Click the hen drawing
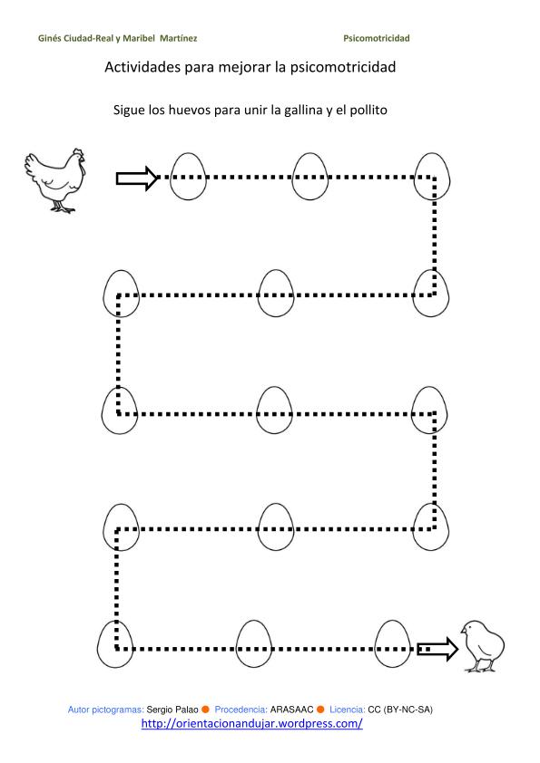(x=55, y=180)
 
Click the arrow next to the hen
(x=137, y=179)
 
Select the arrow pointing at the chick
(x=437, y=649)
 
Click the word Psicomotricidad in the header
(x=377, y=38)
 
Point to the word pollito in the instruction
(x=368, y=110)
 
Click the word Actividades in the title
(x=142, y=67)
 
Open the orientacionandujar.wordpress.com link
(x=252, y=723)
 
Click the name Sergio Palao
(x=172, y=710)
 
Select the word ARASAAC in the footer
(x=291, y=710)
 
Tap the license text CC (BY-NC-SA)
(x=400, y=710)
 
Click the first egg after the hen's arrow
(x=188, y=177)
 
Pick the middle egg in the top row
(x=310, y=177)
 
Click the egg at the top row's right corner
(x=432, y=177)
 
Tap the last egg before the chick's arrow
(x=392, y=643)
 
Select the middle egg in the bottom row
(x=253, y=643)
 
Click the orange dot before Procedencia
(x=206, y=710)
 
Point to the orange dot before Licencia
(x=320, y=710)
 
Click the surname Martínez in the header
(x=179, y=38)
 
